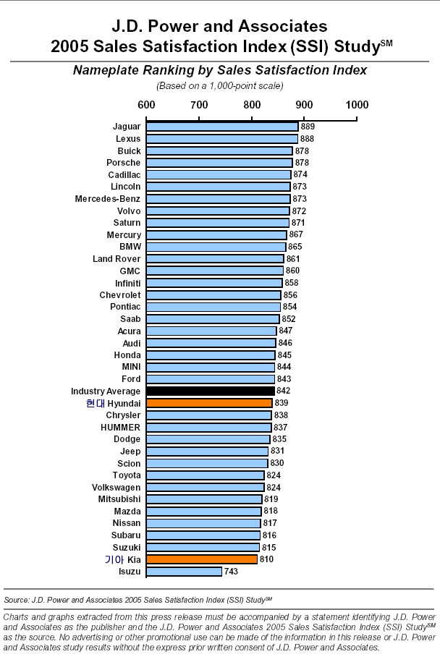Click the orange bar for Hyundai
pyautogui.click(x=210, y=403)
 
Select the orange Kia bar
pyautogui.click(x=202, y=559)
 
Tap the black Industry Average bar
pyautogui.click(x=211, y=391)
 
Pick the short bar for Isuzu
pyautogui.click(x=185, y=572)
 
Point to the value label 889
pyautogui.click(x=308, y=127)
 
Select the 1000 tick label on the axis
pyautogui.click(x=357, y=105)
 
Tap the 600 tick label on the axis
pyautogui.click(x=146, y=105)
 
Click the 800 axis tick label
pyautogui.click(x=252, y=105)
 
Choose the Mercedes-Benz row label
pyautogui.click(x=108, y=199)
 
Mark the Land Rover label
pyautogui.click(x=117, y=259)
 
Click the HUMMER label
pyautogui.click(x=120, y=427)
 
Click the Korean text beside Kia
pyautogui.click(x=114, y=559)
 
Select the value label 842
pyautogui.click(x=283, y=391)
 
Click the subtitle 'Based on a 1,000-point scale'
pyautogui.click(x=219, y=86)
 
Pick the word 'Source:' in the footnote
pyautogui.click(x=17, y=600)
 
